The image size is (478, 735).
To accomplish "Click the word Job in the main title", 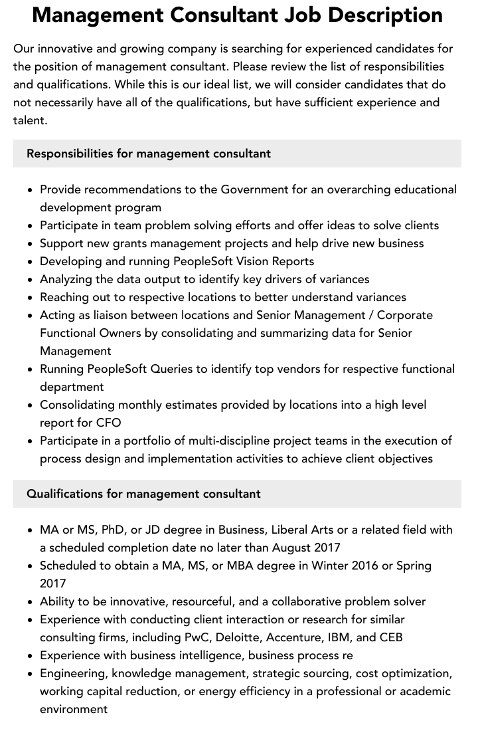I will pyautogui.click(x=310, y=15).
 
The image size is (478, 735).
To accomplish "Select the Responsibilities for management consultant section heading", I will pyautogui.click(x=149, y=154).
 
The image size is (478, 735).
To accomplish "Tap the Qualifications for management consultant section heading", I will pyautogui.click(x=143, y=494).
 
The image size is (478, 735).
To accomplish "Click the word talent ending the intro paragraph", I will pyautogui.click(x=29, y=120).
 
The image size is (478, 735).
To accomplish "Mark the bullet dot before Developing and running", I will pyautogui.click(x=31, y=261).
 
